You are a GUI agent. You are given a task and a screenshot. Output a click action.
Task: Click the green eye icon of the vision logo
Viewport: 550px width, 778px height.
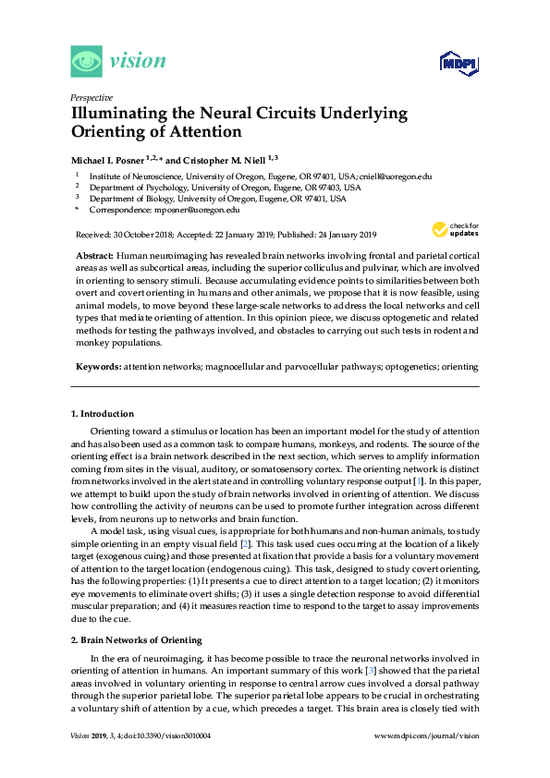click(x=86, y=62)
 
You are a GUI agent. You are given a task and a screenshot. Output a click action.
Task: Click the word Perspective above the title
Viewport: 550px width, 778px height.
click(x=91, y=97)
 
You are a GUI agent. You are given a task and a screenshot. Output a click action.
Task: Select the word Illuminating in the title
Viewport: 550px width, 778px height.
click(x=118, y=114)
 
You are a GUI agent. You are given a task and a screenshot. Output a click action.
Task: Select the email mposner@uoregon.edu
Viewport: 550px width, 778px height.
click(x=189, y=210)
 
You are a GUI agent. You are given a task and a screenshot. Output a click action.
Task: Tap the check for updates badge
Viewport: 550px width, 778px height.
click(x=454, y=228)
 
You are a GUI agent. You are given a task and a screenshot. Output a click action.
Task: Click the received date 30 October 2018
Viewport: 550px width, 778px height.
click(x=146, y=234)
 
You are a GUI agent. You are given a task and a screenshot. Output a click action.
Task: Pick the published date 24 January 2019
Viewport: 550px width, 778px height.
click(x=336, y=234)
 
